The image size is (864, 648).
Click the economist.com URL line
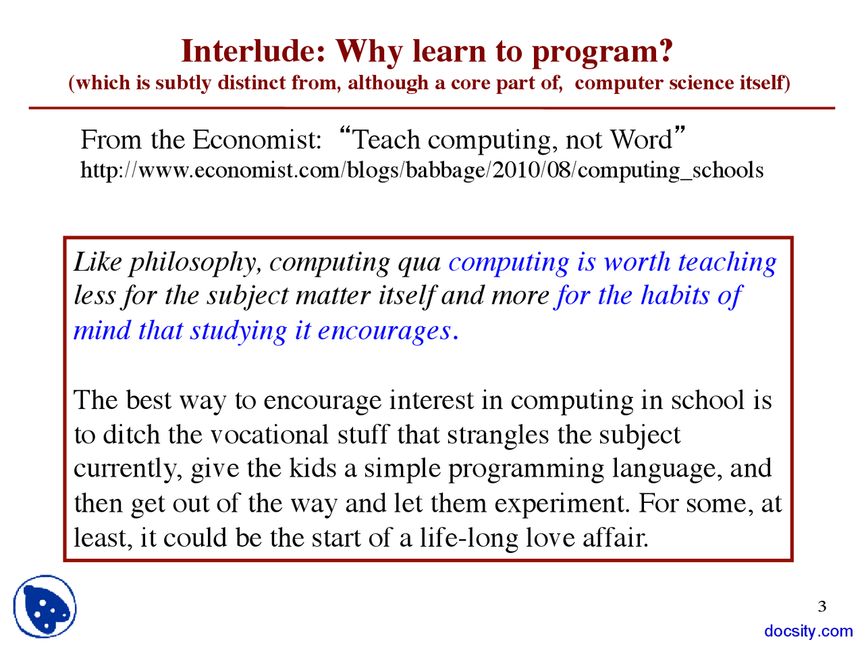click(x=422, y=170)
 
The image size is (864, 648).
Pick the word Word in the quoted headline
click(x=641, y=140)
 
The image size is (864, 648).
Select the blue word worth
click(x=637, y=262)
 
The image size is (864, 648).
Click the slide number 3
click(x=822, y=606)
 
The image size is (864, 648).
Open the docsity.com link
click(x=809, y=631)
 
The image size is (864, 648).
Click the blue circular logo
click(x=45, y=607)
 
